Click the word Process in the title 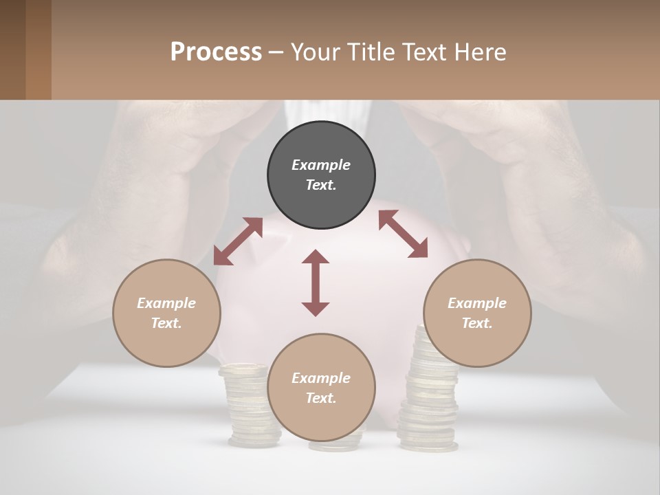click(216, 52)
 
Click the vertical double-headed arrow click(316, 283)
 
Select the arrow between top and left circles click(238, 241)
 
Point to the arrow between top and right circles click(404, 234)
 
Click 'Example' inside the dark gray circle click(321, 165)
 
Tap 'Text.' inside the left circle click(166, 323)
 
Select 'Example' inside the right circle click(477, 302)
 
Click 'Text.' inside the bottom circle click(321, 398)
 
